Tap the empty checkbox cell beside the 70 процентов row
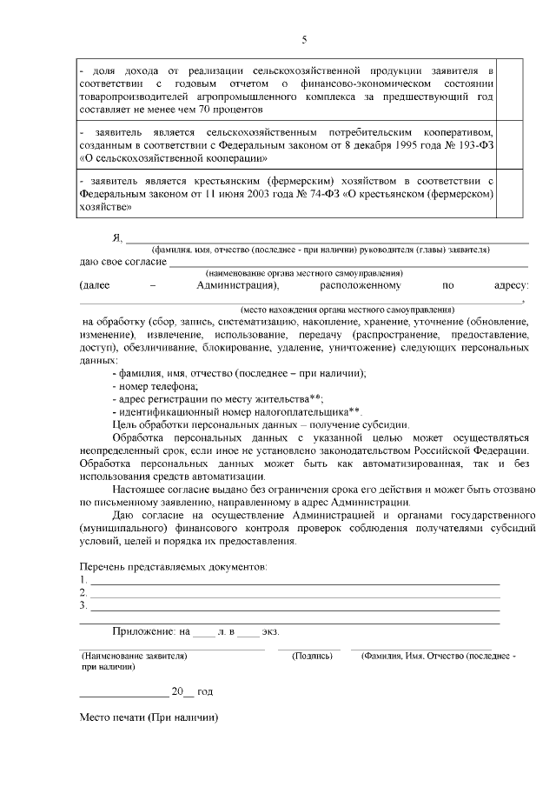[510, 89]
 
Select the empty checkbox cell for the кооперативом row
[510, 145]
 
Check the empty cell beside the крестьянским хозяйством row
[510, 194]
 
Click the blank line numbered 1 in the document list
[295, 581]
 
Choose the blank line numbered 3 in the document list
[295, 606]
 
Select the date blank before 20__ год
[123, 693]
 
